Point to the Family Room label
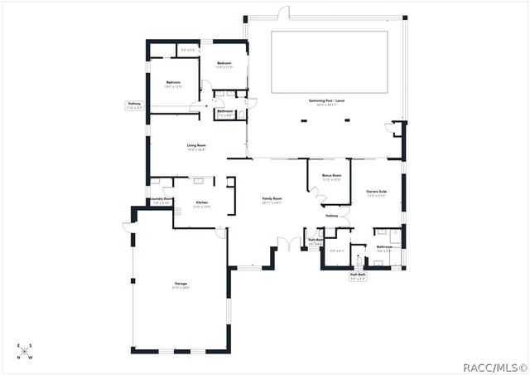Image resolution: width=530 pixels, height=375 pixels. click(x=272, y=200)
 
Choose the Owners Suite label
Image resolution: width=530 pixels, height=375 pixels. click(x=377, y=193)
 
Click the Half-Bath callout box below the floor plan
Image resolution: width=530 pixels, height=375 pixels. click(x=359, y=277)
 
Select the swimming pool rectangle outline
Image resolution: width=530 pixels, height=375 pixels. click(x=329, y=62)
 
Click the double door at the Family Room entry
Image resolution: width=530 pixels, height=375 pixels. click(x=288, y=243)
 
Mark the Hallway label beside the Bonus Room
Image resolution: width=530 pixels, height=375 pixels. click(x=332, y=216)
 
